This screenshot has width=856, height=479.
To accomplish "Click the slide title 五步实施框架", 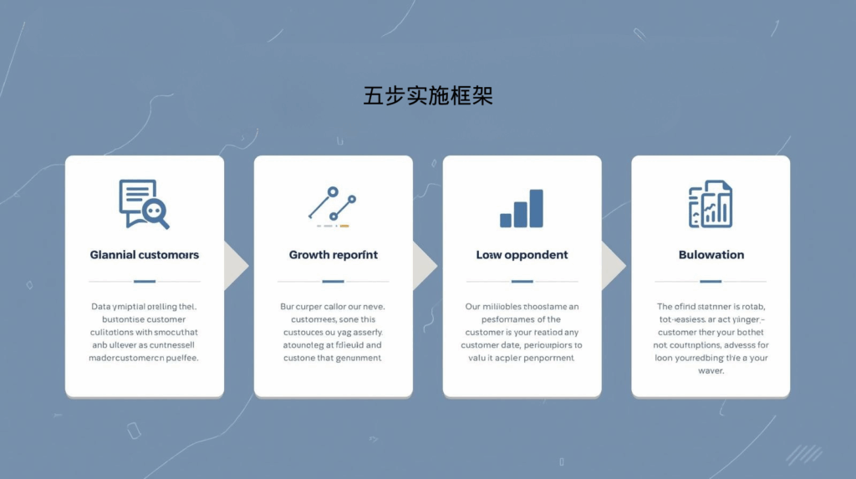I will click(428, 95).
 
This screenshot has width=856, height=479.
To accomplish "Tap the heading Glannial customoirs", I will click(145, 254).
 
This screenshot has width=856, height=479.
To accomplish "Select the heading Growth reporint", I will click(334, 254).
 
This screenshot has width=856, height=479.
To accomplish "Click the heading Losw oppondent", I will click(522, 254).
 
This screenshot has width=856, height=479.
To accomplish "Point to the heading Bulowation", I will click(711, 254).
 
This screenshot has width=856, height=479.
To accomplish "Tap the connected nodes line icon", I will click(332, 203).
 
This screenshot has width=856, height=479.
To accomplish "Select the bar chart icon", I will click(522, 208).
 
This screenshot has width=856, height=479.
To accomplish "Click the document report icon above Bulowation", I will click(711, 204).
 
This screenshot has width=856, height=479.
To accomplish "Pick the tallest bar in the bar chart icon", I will click(536, 208).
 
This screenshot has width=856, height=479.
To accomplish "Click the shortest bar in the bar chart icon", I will click(506, 220).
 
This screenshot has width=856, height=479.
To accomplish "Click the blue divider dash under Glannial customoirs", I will click(145, 281).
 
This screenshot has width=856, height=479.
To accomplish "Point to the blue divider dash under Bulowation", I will click(711, 281).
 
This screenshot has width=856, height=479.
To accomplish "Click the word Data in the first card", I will click(100, 307).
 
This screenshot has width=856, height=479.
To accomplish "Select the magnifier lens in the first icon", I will click(153, 211).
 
